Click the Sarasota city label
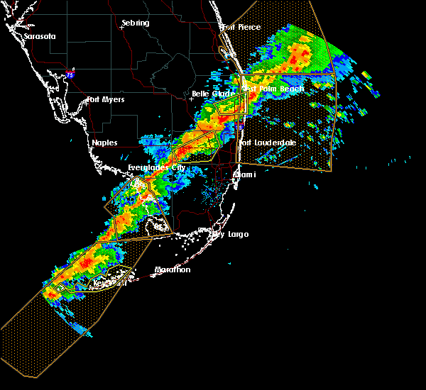(39, 36)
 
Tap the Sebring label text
(135, 23)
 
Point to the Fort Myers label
(106, 99)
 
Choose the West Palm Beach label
(273, 89)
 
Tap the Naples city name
(104, 143)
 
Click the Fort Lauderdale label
(268, 143)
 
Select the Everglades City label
(156, 167)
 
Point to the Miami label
(244, 174)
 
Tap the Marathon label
(173, 269)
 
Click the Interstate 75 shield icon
(69, 74)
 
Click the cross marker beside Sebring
(123, 28)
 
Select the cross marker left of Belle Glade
(190, 99)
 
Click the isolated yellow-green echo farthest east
(366, 74)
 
